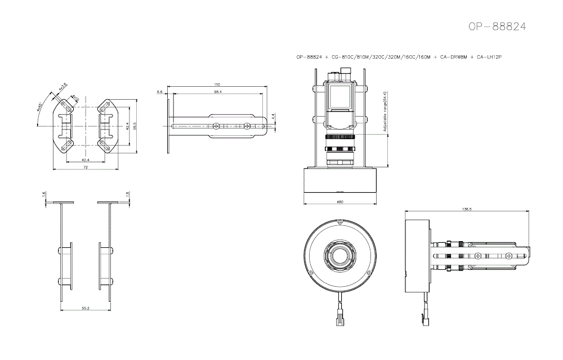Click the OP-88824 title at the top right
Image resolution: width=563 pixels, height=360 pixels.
coord(498,26)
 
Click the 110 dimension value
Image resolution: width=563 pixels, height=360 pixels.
coord(217,85)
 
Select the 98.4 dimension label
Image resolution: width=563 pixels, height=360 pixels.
coord(218,91)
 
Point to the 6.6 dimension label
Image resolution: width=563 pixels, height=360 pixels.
coord(160,91)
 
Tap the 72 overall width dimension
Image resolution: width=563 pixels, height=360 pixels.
coord(86,167)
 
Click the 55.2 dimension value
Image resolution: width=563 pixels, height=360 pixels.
coord(86,308)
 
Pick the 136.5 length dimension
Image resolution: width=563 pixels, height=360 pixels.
coord(466,209)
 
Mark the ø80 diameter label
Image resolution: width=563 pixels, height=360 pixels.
coord(339,202)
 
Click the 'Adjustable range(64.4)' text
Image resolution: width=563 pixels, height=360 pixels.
coord(385,112)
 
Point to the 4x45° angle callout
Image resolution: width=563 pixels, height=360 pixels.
coord(39,107)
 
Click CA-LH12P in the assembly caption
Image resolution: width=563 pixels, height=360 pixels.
coord(489,57)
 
